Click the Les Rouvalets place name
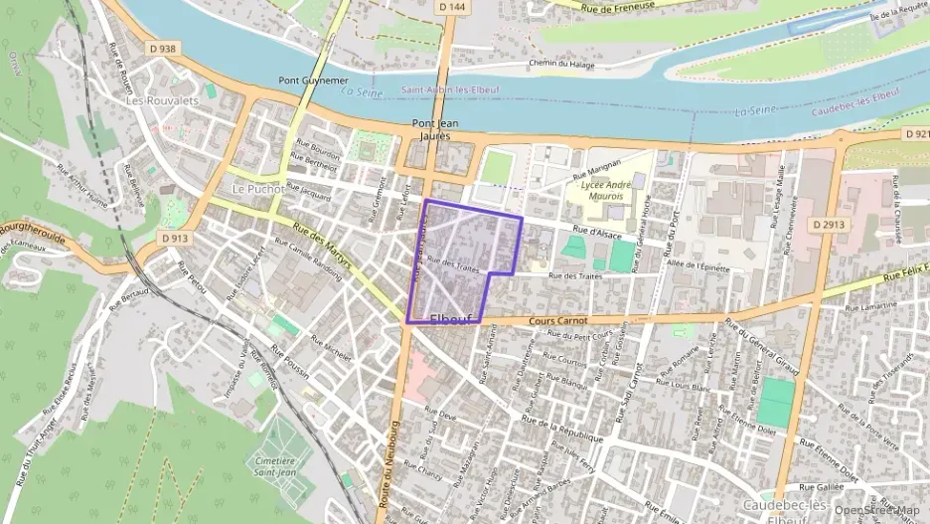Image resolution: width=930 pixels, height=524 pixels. click(x=163, y=101)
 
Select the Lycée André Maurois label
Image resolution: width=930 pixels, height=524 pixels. click(x=605, y=191)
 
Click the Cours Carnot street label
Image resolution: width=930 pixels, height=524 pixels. click(x=557, y=321)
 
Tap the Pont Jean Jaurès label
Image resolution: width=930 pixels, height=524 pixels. click(x=435, y=129)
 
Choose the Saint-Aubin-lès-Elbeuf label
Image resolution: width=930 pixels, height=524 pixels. click(x=450, y=89)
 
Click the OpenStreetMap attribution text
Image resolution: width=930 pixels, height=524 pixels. click(x=877, y=510)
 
